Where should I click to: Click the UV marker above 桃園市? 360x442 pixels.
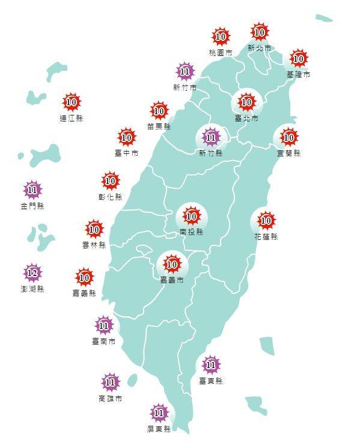(221, 37)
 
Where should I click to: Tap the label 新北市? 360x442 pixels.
(259, 47)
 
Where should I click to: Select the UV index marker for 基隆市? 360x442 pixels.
(298, 59)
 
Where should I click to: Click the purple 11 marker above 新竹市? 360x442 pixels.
(185, 72)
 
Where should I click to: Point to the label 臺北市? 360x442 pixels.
(246, 119)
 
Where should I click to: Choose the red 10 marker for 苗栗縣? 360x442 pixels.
(159, 111)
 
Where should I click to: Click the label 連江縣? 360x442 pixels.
(71, 118)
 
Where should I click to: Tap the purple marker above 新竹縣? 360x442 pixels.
(210, 138)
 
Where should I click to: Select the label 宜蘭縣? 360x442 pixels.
(288, 153)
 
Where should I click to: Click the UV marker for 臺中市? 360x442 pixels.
(126, 138)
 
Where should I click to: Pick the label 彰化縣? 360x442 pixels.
(110, 197)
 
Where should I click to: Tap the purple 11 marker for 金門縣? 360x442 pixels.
(32, 191)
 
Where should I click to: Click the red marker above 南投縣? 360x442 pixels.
(192, 215)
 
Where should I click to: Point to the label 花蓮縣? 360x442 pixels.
(266, 237)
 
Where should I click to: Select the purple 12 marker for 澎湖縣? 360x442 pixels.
(32, 274)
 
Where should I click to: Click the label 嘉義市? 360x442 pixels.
(172, 280)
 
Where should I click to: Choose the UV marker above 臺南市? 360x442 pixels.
(103, 326)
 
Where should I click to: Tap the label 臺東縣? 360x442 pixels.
(210, 381)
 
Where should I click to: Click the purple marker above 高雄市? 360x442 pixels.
(110, 381)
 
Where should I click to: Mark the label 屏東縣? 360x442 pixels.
(159, 429)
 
